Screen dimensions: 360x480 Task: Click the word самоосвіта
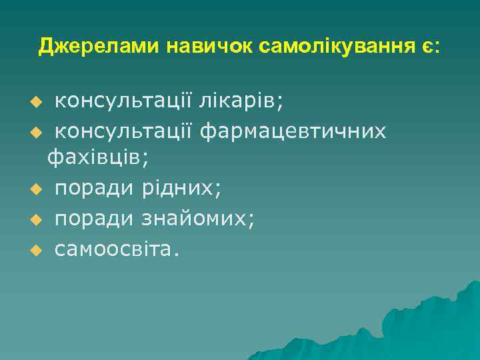(117, 248)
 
